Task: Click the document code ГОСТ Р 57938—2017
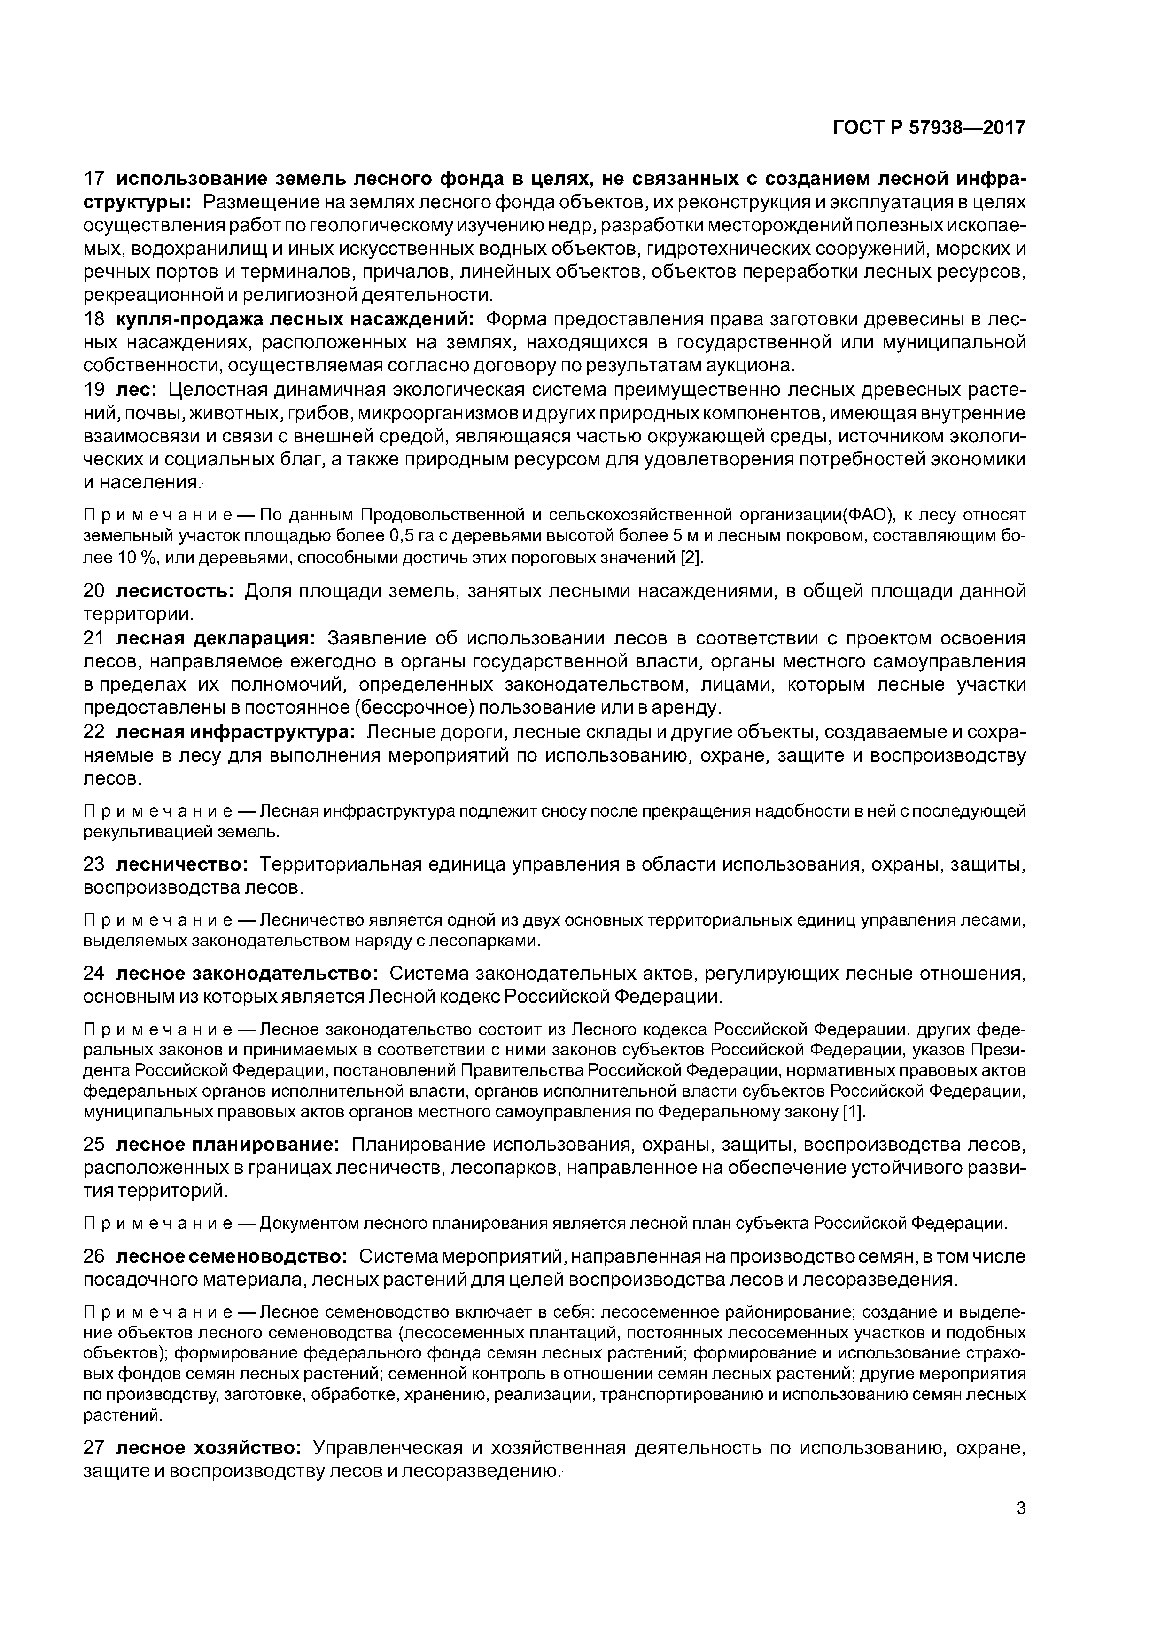tap(929, 128)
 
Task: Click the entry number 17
tap(95, 179)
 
